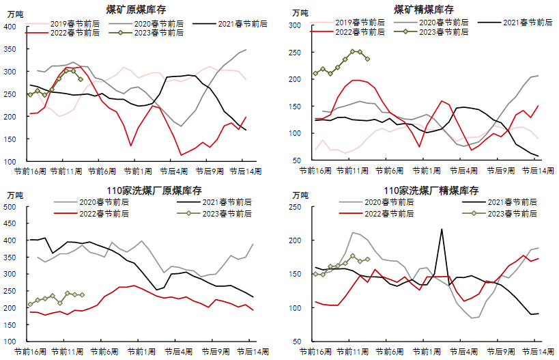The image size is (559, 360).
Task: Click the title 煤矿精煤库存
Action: [424, 10]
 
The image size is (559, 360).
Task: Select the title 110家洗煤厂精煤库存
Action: [424, 190]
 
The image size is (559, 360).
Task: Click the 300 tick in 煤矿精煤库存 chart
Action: [295, 25]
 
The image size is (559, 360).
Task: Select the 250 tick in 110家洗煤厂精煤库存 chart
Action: [295, 207]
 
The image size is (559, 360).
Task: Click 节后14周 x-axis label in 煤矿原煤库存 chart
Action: [242, 171]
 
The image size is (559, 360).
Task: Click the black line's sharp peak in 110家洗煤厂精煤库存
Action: [442, 230]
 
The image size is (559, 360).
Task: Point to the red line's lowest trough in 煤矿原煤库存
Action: [181, 155]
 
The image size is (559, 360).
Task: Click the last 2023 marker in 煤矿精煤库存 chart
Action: [367, 59]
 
